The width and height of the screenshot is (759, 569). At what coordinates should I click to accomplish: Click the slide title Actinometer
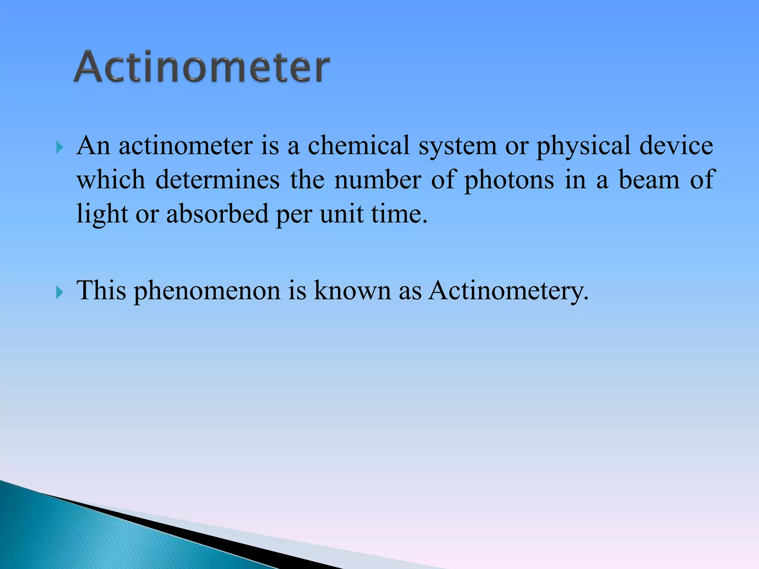coord(202,67)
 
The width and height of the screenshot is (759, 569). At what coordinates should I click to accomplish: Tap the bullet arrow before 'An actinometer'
coord(59,148)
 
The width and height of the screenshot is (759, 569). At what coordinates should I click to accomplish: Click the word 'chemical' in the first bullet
coord(359,145)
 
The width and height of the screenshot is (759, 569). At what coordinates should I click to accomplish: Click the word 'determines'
coord(218,180)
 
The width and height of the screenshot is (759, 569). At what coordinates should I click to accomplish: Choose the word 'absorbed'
coord(218,214)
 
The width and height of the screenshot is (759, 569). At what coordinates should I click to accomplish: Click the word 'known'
coord(352,290)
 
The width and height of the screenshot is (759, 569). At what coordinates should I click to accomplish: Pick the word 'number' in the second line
coord(378,180)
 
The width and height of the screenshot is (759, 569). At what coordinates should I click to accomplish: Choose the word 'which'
coord(111,180)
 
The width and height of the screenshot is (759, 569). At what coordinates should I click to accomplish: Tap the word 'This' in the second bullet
coord(101,290)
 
